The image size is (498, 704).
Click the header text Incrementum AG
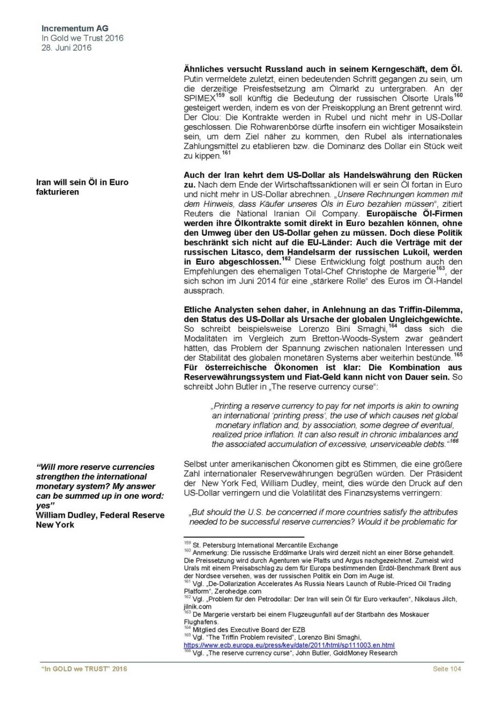click(x=75, y=29)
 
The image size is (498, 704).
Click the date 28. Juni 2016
click(x=66, y=47)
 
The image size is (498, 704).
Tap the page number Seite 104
click(x=447, y=668)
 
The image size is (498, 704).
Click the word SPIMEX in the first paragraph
click(x=199, y=98)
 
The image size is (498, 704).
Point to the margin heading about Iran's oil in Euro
click(x=82, y=187)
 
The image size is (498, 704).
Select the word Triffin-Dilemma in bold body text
click(x=431, y=309)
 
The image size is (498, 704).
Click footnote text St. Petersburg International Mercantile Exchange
click(x=265, y=545)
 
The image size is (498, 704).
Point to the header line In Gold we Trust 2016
click(x=82, y=38)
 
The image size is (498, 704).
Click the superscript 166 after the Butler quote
click(x=454, y=441)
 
